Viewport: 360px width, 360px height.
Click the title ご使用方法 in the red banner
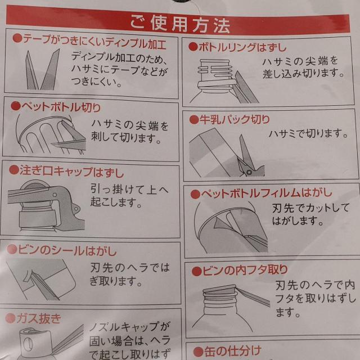(x=180, y=25)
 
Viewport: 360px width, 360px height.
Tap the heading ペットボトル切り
(x=61, y=107)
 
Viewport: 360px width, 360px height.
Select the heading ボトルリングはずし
(x=242, y=47)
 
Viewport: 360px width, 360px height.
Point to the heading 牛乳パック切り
(x=235, y=119)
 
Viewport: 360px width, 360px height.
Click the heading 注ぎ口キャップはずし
(x=71, y=171)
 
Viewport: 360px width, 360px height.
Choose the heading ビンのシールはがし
(x=67, y=250)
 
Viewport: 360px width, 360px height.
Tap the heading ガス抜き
(x=38, y=318)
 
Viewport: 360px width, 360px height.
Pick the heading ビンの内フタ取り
(x=245, y=270)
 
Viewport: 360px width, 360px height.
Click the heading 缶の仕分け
(x=232, y=351)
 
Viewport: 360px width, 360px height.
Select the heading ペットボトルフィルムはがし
(x=267, y=193)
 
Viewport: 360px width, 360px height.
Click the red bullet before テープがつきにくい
(x=17, y=38)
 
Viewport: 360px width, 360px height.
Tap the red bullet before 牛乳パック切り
(x=194, y=120)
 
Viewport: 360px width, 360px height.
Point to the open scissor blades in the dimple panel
(x=42, y=70)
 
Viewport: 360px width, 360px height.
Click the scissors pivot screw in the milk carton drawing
(x=249, y=172)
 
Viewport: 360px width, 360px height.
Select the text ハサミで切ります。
(x=308, y=134)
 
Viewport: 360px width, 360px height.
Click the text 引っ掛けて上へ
(x=129, y=190)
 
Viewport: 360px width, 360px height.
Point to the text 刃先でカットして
(x=310, y=208)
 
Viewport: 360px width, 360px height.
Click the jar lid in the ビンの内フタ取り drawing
(x=219, y=289)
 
